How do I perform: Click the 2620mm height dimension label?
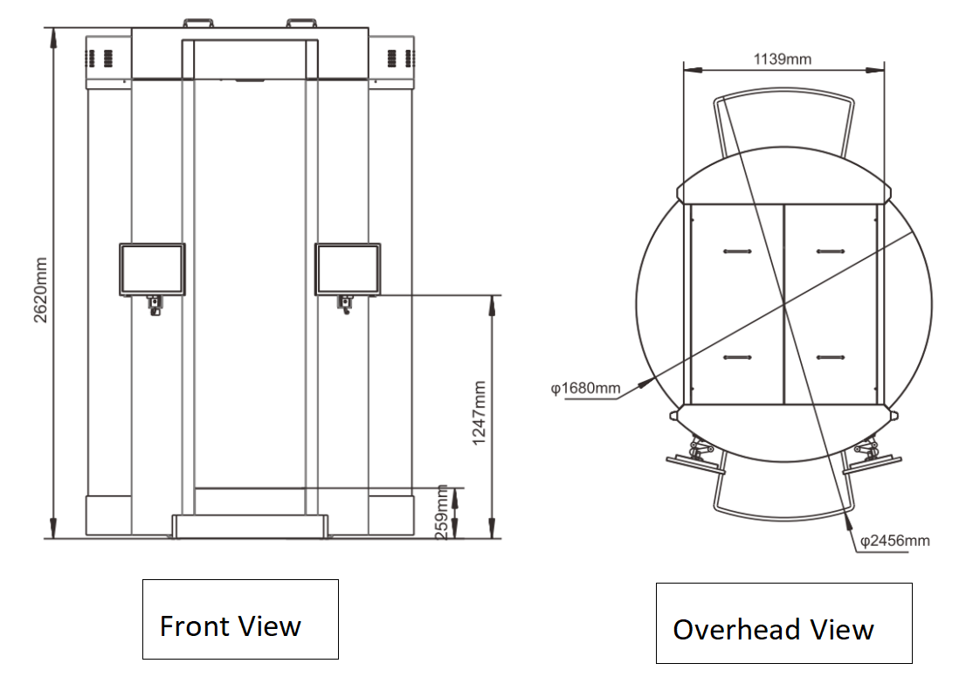click(40, 290)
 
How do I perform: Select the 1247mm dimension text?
click(479, 413)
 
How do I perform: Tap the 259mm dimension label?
click(441, 513)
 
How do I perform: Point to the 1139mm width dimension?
click(783, 59)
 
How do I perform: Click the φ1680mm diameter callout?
click(586, 389)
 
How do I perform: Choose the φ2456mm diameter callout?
click(894, 541)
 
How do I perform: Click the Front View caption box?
click(240, 619)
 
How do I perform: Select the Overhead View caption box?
click(783, 623)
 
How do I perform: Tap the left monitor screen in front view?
click(152, 269)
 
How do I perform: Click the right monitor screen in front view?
click(348, 269)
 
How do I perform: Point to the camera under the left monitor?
click(155, 305)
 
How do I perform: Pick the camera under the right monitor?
click(346, 305)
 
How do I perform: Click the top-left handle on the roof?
click(198, 23)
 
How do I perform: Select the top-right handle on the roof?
click(301, 23)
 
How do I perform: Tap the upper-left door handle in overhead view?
click(737, 252)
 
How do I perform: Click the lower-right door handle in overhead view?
click(831, 357)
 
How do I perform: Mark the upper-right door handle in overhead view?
click(831, 252)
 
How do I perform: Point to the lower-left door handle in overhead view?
click(737, 357)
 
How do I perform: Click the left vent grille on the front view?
click(100, 59)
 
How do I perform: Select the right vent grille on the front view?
click(400, 59)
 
